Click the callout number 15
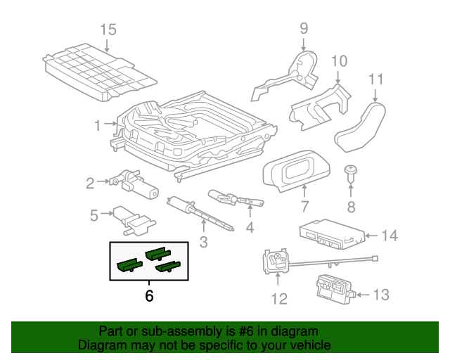(108, 30)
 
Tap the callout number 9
(304, 28)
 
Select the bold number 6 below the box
(149, 296)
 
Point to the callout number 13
(381, 295)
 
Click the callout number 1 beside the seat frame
(98, 126)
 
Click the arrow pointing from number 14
(371, 236)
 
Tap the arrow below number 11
(375, 96)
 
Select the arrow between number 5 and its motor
(107, 213)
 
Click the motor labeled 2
(134, 184)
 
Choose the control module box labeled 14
(333, 234)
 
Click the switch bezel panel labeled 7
(297, 170)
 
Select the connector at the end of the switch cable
(375, 258)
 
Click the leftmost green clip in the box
(129, 264)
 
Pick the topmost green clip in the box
(157, 253)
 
